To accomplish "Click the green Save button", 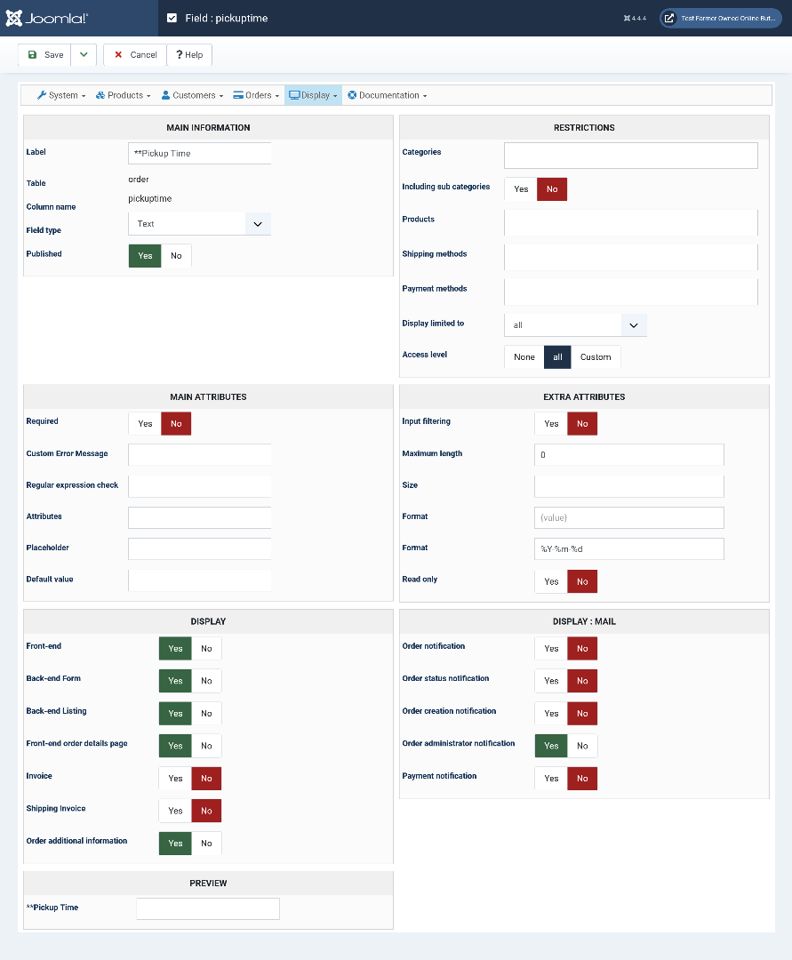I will [45, 55].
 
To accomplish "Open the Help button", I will [188, 55].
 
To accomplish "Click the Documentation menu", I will [388, 95].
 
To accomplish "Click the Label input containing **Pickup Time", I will [199, 153].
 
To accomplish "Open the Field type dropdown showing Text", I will [199, 224].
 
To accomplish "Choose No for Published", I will [176, 256].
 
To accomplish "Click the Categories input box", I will [630, 156].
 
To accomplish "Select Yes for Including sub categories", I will [521, 189].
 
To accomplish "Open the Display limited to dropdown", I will [574, 325].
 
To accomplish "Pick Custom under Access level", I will [596, 357].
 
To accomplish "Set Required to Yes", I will [145, 424].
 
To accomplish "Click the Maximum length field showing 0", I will [628, 455].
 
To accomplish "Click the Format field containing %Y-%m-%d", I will [628, 549].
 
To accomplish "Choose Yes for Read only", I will [551, 581].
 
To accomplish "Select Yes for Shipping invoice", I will [175, 811].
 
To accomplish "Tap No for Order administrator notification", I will [582, 746].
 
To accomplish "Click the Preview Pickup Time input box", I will [207, 908].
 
